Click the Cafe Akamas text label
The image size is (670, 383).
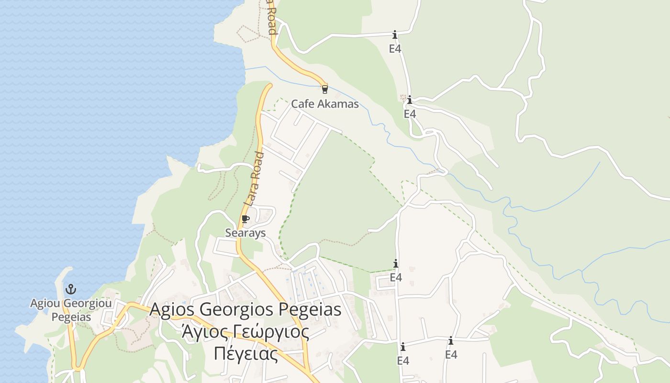click(325, 104)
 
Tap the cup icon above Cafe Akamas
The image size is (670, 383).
click(325, 89)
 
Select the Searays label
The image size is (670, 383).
click(246, 233)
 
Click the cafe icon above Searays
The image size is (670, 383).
click(246, 219)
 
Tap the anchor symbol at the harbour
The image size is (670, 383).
click(71, 289)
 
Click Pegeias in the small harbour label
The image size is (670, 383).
click(71, 317)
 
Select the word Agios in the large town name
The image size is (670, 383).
click(173, 309)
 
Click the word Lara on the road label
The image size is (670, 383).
click(250, 191)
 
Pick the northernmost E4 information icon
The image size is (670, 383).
click(395, 34)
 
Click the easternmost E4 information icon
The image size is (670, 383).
click(450, 341)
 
